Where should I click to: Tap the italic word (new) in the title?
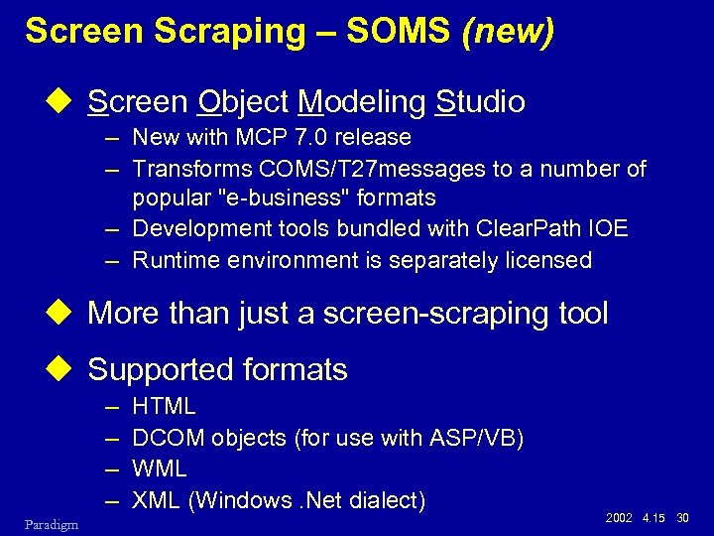pyautogui.click(x=508, y=32)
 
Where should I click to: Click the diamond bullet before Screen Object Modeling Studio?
pyautogui.click(x=66, y=101)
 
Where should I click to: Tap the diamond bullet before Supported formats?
pyautogui.click(x=66, y=370)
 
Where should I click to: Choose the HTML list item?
pyautogui.click(x=164, y=406)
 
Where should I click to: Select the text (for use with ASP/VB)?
pyautogui.click(x=409, y=438)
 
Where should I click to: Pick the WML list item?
pyautogui.click(x=159, y=468)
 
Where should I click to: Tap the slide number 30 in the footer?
pyautogui.click(x=682, y=518)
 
